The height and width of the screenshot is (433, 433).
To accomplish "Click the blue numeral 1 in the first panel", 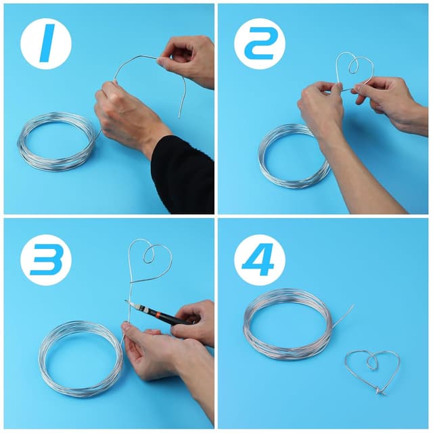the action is [x=47, y=43].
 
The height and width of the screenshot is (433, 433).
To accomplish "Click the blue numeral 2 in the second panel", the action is [x=260, y=43].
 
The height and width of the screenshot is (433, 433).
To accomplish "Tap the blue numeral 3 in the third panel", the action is [x=47, y=260].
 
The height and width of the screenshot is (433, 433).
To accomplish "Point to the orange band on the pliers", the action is [x=158, y=314].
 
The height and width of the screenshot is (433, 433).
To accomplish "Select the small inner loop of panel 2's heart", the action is [x=352, y=66].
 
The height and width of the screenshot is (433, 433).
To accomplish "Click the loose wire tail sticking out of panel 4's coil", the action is [x=343, y=316].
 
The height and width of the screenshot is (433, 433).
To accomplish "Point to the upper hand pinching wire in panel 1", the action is [x=188, y=61].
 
